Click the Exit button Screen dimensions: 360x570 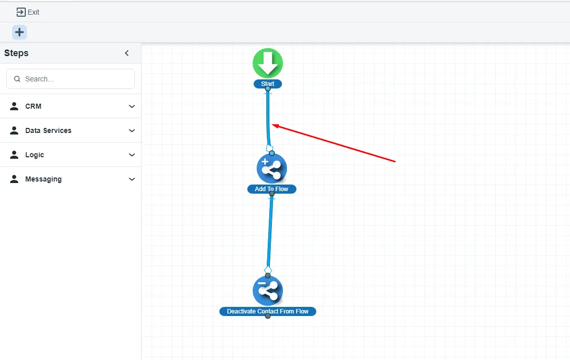click(x=28, y=12)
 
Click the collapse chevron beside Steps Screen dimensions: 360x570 click(x=127, y=53)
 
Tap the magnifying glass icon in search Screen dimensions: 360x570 click(x=17, y=79)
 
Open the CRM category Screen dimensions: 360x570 click(x=33, y=106)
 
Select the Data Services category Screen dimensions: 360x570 click(x=48, y=130)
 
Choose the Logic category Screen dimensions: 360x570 click(x=34, y=155)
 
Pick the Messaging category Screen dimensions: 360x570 click(x=43, y=179)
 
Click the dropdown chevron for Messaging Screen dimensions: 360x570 click(x=132, y=179)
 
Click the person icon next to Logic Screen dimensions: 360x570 click(x=14, y=155)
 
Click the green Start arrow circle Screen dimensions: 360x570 click(x=268, y=63)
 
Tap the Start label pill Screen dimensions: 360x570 click(x=268, y=84)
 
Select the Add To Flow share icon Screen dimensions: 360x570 click(x=272, y=168)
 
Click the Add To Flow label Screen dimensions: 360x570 click(x=272, y=189)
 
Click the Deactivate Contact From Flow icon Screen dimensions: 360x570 click(x=268, y=291)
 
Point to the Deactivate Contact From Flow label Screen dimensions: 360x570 click(x=268, y=311)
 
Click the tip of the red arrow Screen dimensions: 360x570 click(x=273, y=124)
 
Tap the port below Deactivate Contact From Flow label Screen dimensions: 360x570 click(x=268, y=317)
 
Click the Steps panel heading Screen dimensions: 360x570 click(x=17, y=53)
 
